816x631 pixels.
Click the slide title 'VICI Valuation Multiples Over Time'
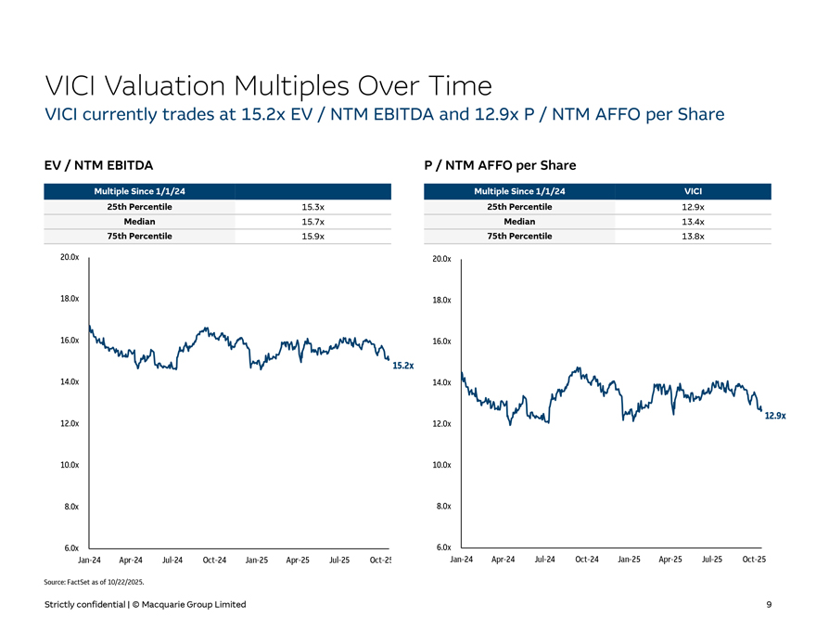tap(268, 86)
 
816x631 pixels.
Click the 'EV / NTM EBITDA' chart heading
tap(99, 165)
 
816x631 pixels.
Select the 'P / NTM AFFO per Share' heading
tap(500, 165)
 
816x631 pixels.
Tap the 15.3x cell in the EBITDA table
tap(312, 207)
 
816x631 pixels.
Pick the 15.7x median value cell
tap(312, 222)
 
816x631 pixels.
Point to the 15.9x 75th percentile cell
tap(312, 237)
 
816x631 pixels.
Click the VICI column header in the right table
tap(692, 191)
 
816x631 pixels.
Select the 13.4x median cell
tap(692, 222)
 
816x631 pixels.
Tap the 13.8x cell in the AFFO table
tap(692, 237)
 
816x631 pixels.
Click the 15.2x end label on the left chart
tap(402, 366)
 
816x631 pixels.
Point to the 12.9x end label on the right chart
tap(774, 416)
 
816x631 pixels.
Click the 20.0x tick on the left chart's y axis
tap(69, 258)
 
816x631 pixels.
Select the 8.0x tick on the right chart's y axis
tap(441, 507)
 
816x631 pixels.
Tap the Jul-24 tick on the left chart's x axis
tap(172, 560)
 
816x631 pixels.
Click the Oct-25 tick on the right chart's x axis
tap(754, 560)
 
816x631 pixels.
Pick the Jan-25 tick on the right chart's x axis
tap(629, 560)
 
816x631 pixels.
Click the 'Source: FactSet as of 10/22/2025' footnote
tap(95, 582)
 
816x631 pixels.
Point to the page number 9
tap(769, 605)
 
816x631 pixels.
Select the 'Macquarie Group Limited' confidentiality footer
tap(146, 605)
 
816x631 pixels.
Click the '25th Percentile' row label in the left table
tap(139, 207)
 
